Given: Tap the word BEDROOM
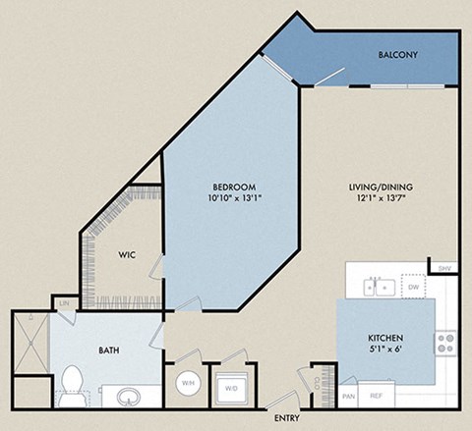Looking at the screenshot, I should (235, 187).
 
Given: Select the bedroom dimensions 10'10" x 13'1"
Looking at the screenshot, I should (235, 198).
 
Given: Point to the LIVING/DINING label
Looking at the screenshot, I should (385, 187).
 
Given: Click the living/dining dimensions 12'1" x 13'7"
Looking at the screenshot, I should (385, 198).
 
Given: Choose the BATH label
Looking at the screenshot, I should (109, 348).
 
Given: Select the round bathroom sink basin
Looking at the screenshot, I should (128, 398).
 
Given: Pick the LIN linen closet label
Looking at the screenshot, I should (63, 304).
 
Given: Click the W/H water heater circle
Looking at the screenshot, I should (188, 382).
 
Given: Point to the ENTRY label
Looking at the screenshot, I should (288, 401).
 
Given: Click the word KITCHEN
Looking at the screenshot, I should (385, 338).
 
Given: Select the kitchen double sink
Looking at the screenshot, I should (379, 287).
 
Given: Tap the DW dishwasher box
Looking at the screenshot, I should (413, 287).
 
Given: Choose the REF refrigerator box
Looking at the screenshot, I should (377, 396).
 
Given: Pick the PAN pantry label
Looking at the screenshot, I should (348, 396).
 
